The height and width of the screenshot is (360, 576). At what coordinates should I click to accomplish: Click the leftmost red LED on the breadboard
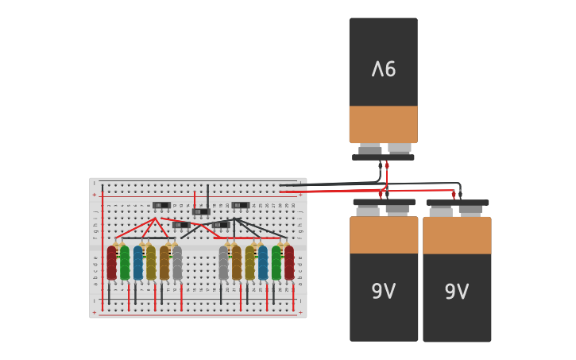pyautogui.click(x=112, y=263)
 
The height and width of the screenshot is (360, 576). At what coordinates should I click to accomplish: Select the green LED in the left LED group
pyautogui.click(x=125, y=263)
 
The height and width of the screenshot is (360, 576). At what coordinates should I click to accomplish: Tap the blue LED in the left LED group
pyautogui.click(x=138, y=263)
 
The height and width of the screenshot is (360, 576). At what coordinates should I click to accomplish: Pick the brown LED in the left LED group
pyautogui.click(x=164, y=263)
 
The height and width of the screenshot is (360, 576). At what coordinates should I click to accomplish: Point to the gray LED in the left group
pyautogui.click(x=177, y=263)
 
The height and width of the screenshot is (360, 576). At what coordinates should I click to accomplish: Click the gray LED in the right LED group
pyautogui.click(x=224, y=263)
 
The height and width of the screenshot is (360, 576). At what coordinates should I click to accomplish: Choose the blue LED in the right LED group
pyautogui.click(x=263, y=263)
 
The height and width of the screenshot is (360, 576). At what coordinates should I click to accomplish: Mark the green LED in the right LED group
pyautogui.click(x=276, y=263)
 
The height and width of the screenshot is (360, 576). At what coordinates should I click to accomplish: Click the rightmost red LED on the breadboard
pyautogui.click(x=289, y=263)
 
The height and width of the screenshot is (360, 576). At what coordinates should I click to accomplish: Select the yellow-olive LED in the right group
pyautogui.click(x=250, y=263)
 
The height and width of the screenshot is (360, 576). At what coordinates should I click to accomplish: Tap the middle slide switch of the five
pyautogui.click(x=201, y=211)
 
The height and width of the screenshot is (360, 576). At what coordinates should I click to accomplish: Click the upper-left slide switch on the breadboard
pyautogui.click(x=162, y=205)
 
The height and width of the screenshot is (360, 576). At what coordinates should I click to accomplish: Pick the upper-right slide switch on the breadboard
pyautogui.click(x=241, y=205)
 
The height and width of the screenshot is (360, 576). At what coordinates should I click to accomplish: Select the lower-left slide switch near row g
pyautogui.click(x=181, y=225)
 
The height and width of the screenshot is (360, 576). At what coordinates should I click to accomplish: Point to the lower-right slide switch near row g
pyautogui.click(x=221, y=225)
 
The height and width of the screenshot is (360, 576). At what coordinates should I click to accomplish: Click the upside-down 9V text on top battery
pyautogui.click(x=383, y=69)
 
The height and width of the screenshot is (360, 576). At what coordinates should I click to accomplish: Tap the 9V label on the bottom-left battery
pyautogui.click(x=384, y=292)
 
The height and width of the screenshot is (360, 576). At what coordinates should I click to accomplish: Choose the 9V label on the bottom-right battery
pyautogui.click(x=457, y=292)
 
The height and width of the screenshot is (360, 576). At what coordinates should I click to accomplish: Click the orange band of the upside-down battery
pyautogui.click(x=383, y=124)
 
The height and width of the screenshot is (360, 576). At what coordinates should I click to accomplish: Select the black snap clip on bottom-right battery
pyautogui.click(x=457, y=203)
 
